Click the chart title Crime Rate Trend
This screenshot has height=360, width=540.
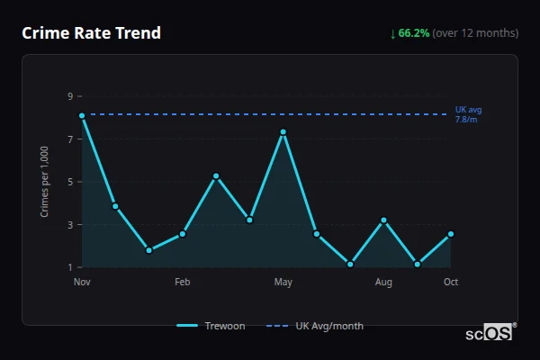coord(91,33)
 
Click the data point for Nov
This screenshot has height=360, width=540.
coord(82,115)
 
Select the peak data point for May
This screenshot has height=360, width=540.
coord(283,132)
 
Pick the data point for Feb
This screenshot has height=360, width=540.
coord(183,234)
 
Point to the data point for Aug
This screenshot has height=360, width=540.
coord(383,220)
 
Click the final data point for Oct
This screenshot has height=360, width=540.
coord(451,234)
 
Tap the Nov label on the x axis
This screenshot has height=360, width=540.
coord(82,283)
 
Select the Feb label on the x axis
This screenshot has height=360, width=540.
coord(183,283)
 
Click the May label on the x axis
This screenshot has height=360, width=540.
coord(283,283)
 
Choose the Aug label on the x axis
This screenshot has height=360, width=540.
coord(383,283)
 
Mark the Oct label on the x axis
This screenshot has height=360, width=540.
coord(451,283)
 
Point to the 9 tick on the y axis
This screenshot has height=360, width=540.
coord(69,96)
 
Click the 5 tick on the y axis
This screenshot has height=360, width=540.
coord(69,182)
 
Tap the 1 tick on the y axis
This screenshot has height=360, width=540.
coord(69,267)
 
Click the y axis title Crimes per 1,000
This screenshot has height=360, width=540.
coord(45,182)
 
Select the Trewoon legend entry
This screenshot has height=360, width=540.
coord(211,326)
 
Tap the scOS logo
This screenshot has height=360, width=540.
coord(490,333)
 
